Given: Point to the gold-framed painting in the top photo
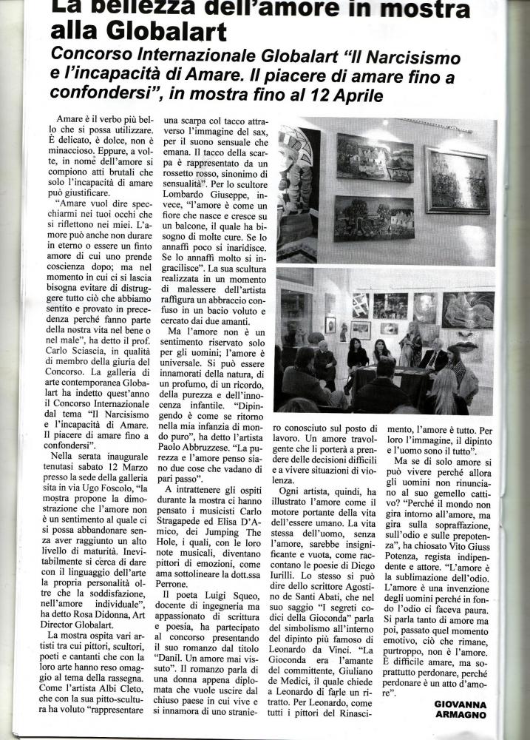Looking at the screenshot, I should [x=456, y=180].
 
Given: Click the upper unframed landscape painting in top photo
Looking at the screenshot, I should [x=374, y=158].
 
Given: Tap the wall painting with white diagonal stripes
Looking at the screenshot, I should [x=360, y=304].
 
